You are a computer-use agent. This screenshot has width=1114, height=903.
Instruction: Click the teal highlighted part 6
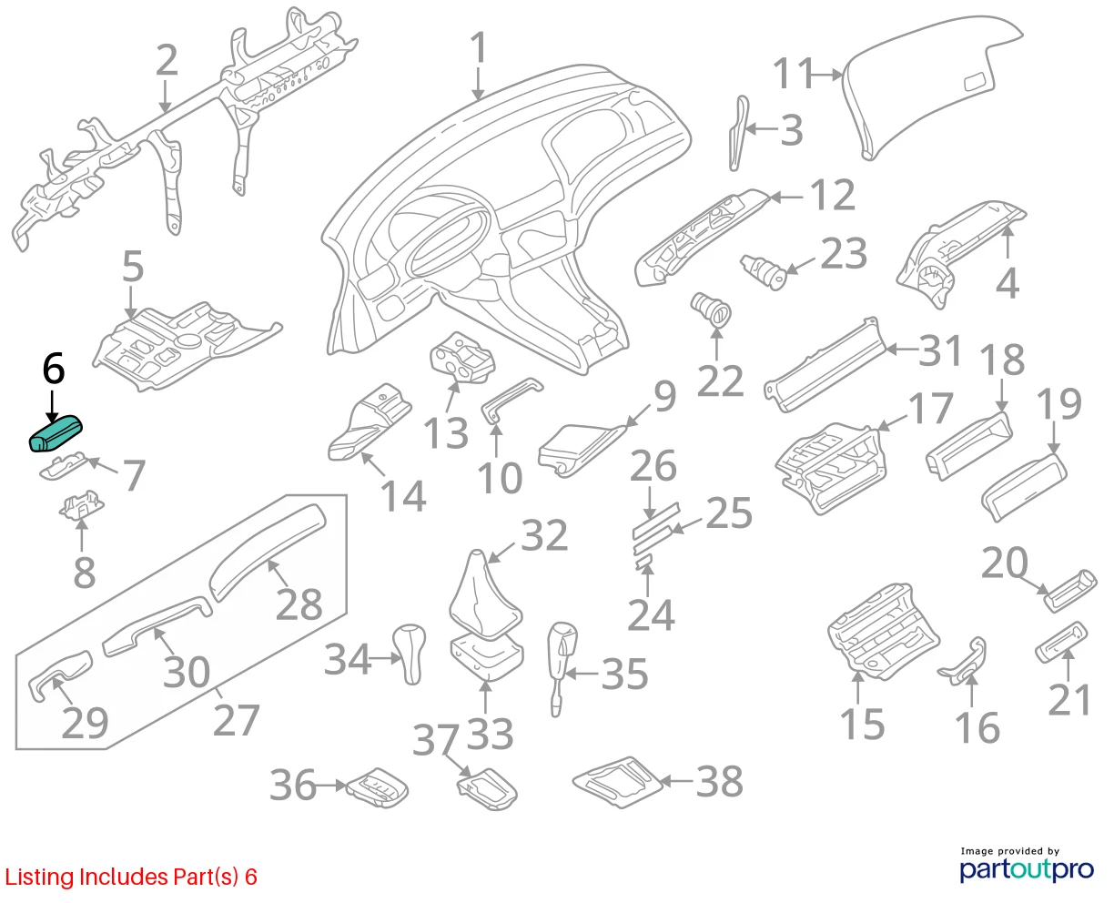(x=56, y=433)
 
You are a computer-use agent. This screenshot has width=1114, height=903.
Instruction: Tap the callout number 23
(x=844, y=254)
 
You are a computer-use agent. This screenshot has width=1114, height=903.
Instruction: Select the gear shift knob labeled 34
(x=410, y=654)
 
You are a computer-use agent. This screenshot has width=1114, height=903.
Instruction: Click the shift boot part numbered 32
(x=485, y=595)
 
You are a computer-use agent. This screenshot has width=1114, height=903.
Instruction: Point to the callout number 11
(x=793, y=74)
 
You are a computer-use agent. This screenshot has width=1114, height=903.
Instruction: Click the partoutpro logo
(x=1026, y=866)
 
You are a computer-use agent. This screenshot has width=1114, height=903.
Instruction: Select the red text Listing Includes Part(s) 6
(x=131, y=877)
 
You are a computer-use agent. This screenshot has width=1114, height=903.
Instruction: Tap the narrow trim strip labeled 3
(x=739, y=134)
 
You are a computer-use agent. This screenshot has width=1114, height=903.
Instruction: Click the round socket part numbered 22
(x=711, y=309)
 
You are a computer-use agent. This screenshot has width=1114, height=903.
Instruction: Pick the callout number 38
(x=719, y=782)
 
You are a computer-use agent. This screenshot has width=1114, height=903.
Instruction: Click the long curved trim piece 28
(x=268, y=552)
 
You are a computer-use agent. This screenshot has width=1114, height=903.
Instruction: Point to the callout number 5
(x=133, y=267)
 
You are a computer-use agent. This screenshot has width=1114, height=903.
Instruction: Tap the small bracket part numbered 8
(x=81, y=505)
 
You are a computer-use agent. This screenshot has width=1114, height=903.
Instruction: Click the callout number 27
(x=237, y=720)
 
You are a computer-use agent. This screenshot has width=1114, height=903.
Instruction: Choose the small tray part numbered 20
(x=1070, y=591)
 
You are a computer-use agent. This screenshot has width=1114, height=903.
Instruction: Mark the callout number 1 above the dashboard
(x=479, y=47)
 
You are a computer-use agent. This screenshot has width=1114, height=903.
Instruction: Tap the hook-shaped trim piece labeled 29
(x=59, y=675)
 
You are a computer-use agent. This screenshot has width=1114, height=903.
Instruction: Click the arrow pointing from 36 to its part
(x=331, y=786)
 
